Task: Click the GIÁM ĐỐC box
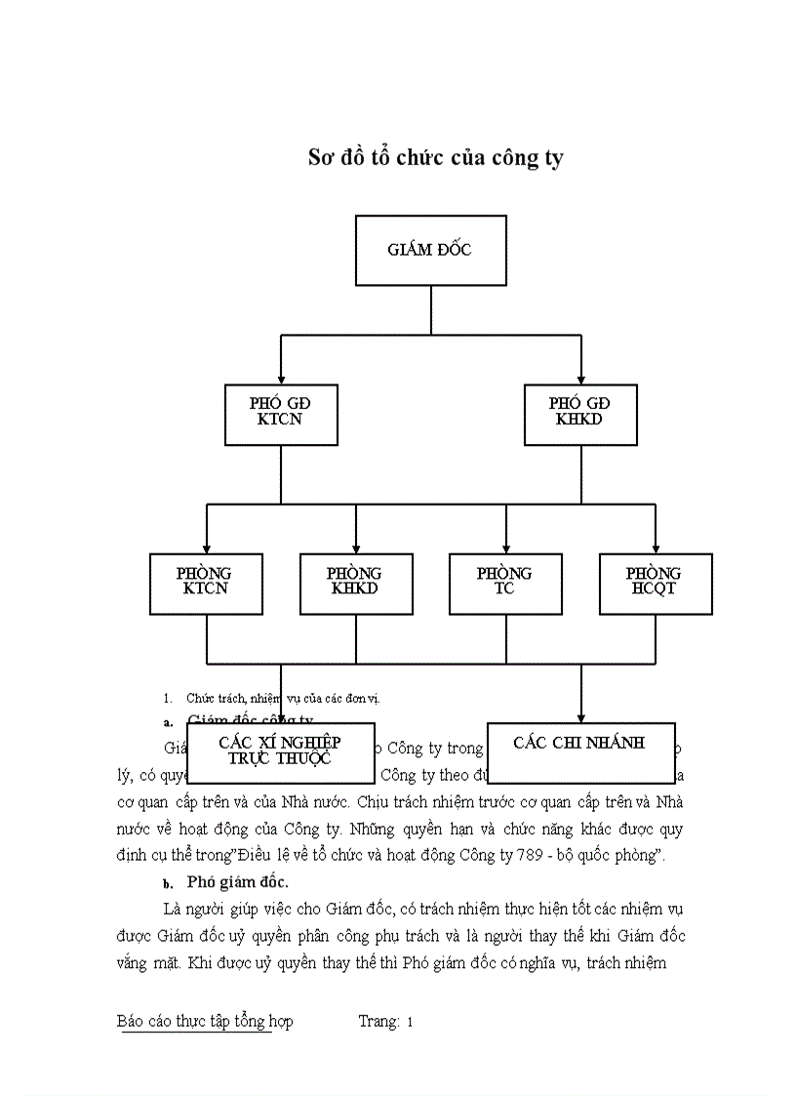430,250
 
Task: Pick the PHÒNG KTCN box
206,583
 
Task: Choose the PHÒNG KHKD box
355,583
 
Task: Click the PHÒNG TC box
505,583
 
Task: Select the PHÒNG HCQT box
655,583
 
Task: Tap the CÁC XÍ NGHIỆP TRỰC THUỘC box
280,751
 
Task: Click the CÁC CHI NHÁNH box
579,751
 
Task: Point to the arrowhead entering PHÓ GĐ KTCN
281,377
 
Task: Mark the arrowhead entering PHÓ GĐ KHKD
581,377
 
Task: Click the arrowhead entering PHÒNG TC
505,547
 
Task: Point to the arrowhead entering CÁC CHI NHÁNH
581,716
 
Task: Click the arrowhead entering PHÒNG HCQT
655,547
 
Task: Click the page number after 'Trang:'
411,1022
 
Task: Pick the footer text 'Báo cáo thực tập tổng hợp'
205,1022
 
